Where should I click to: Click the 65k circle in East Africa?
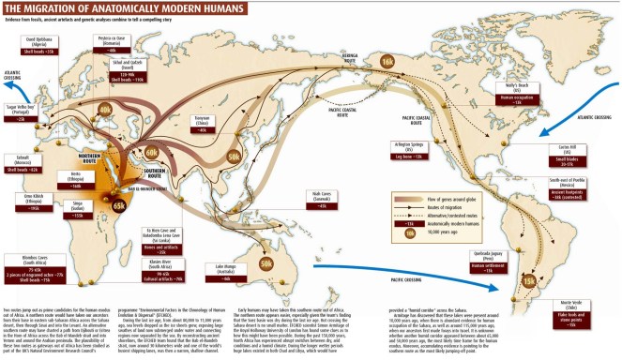[119, 204]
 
